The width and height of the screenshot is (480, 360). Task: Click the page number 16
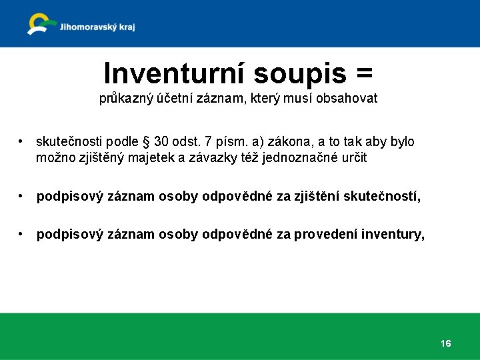click(445, 343)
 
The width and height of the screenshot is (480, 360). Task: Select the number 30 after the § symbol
click(161, 142)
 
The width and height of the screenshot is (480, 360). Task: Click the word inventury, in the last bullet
click(393, 235)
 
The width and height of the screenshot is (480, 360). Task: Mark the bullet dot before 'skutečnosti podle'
click(22, 142)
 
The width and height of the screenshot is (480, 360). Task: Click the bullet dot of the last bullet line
click(22, 235)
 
